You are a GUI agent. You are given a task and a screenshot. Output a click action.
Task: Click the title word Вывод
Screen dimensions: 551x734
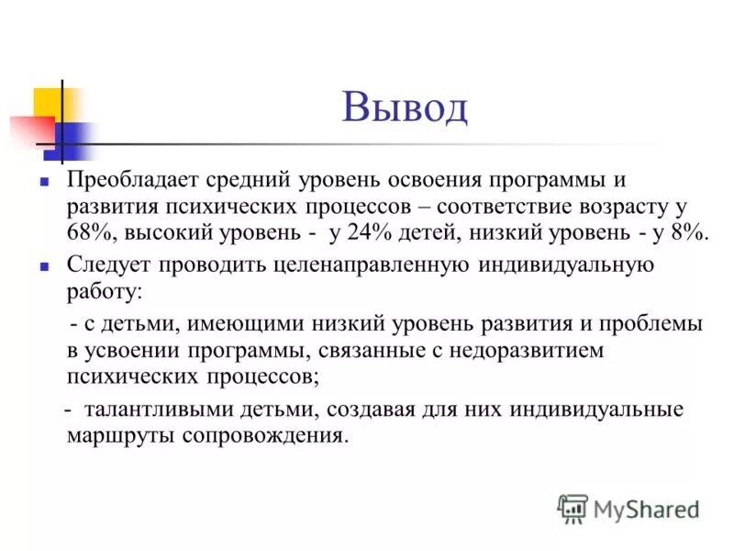pyautogui.click(x=405, y=107)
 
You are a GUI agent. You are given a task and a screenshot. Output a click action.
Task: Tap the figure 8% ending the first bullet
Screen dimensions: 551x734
pyautogui.click(x=688, y=232)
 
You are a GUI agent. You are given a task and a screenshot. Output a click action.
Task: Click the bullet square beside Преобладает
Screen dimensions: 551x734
pyautogui.click(x=44, y=182)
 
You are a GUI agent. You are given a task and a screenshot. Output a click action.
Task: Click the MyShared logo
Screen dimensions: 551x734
pyautogui.click(x=629, y=508)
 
